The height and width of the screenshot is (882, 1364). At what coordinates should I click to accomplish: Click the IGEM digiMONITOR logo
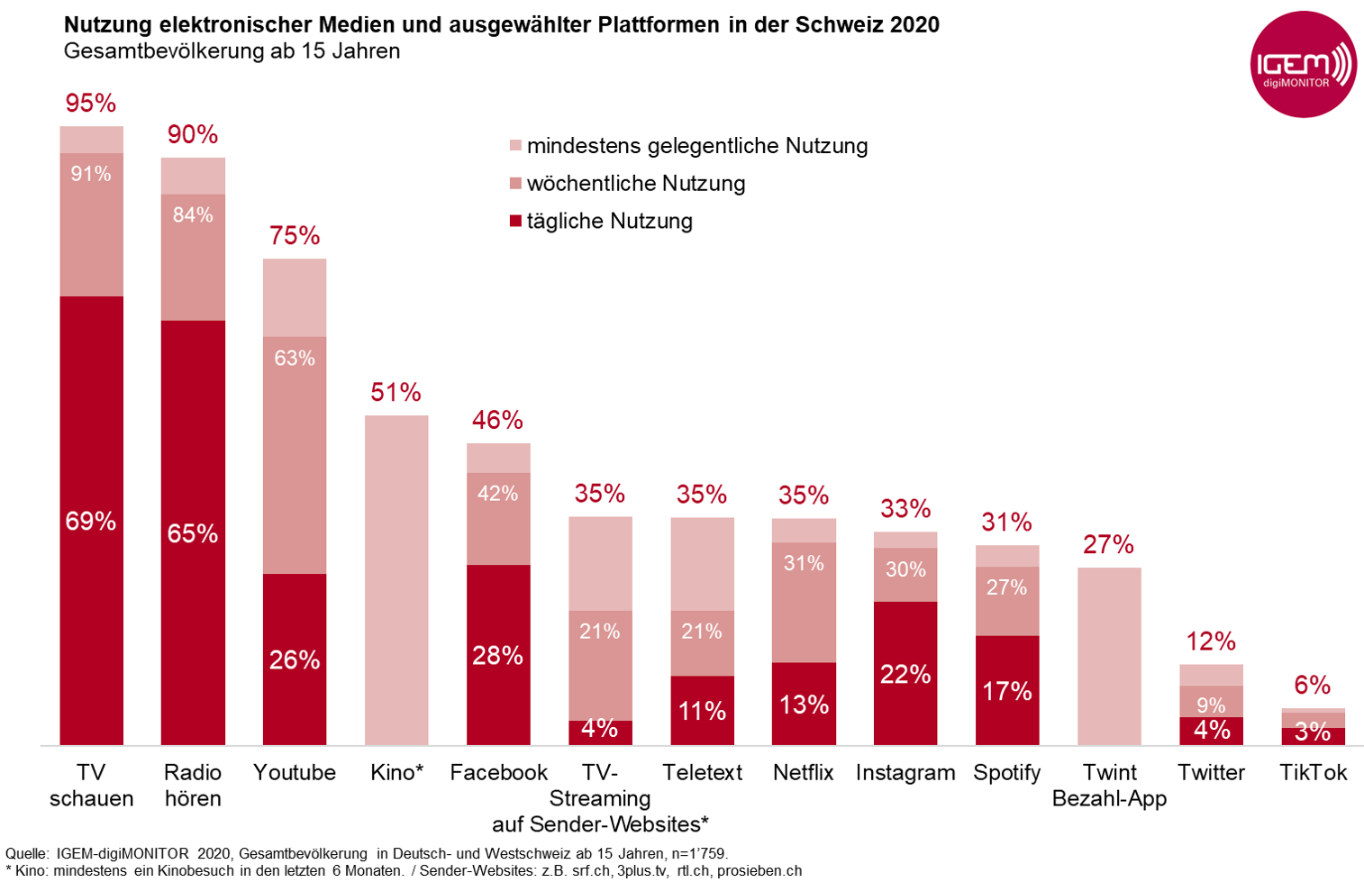1303,65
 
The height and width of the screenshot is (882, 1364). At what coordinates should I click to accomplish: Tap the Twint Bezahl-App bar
1109,656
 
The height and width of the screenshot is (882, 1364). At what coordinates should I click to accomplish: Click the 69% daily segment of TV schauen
91,520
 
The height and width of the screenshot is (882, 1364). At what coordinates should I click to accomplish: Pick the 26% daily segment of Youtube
295,659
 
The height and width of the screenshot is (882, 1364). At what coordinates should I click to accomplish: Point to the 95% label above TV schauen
91,104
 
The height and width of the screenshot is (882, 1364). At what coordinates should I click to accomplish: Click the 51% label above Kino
396,393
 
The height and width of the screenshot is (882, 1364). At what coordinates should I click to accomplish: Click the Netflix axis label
804,772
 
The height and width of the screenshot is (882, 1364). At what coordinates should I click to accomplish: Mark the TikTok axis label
1313,772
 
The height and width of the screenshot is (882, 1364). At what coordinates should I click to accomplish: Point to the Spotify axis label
1007,772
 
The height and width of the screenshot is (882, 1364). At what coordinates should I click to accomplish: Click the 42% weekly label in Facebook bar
498,494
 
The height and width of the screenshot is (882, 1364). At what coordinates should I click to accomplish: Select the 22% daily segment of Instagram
905,673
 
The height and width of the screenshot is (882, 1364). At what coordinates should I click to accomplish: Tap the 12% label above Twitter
1211,641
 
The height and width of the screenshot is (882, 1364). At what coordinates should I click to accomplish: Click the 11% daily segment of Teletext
702,711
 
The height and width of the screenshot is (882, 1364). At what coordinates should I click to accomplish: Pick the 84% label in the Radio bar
193,215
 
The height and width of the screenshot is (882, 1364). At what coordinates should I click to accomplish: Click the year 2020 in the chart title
914,25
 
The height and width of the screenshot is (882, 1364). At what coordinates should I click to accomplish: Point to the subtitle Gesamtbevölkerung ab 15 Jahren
232,51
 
